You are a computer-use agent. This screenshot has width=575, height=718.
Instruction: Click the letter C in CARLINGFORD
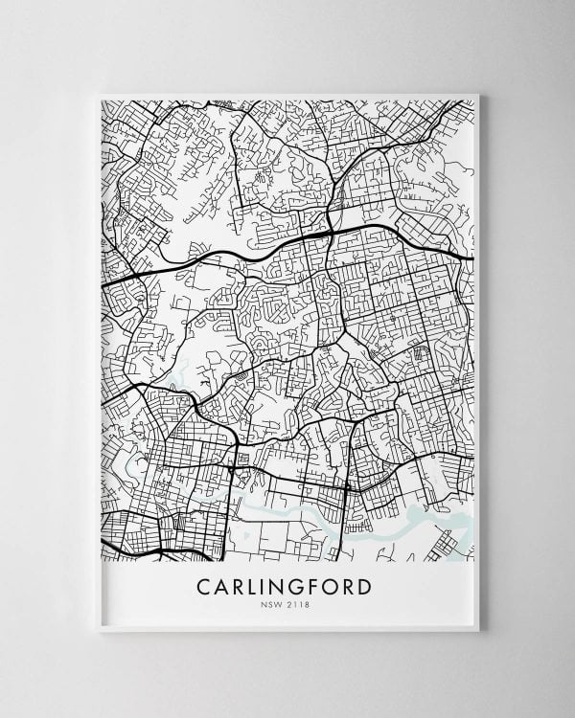202,583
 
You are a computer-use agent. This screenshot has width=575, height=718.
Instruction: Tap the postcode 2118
300,602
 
